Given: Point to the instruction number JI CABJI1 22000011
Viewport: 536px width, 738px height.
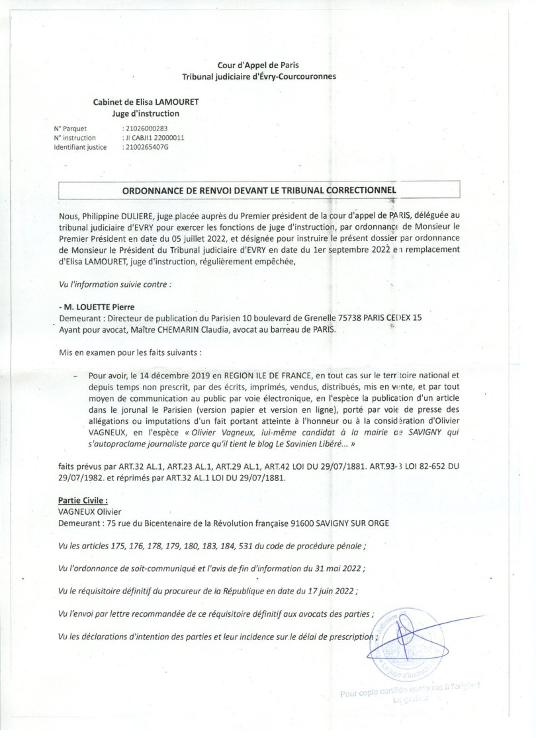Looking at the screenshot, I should point(155,138).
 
